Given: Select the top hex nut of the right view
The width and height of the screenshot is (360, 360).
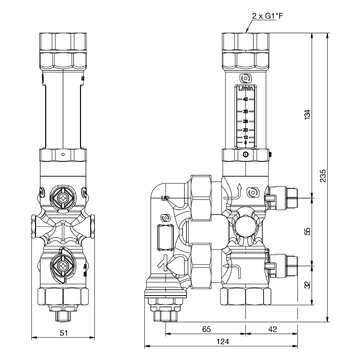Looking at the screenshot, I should pyautogui.click(x=244, y=46).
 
